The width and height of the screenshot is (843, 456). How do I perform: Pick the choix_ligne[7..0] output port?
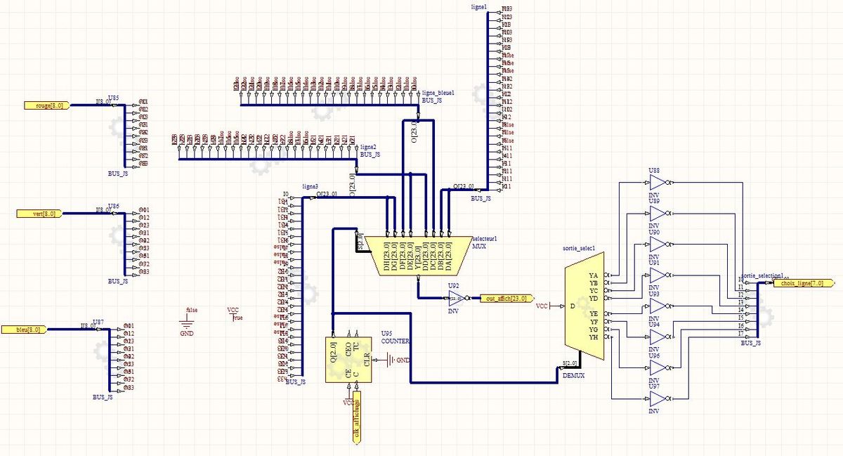pyautogui.click(x=798, y=283)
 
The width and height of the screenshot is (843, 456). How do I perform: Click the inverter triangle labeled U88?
pyautogui.click(x=658, y=183)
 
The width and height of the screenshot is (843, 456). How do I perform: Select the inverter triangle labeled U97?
pyautogui.click(x=658, y=400)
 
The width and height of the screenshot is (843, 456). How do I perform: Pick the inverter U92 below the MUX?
pyautogui.click(x=456, y=299)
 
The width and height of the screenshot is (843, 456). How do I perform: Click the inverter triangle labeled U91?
pyautogui.click(x=658, y=275)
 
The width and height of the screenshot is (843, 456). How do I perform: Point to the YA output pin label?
pyautogui.click(x=594, y=275)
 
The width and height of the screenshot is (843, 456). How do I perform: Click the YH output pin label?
pyautogui.click(x=594, y=337)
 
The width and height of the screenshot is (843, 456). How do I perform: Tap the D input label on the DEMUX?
pyautogui.click(x=572, y=306)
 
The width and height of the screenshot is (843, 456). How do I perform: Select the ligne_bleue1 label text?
pyautogui.click(x=438, y=93)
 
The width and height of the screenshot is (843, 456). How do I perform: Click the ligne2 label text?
pyautogui.click(x=369, y=146)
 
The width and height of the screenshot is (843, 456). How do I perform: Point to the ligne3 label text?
pyautogui.click(x=310, y=186)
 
